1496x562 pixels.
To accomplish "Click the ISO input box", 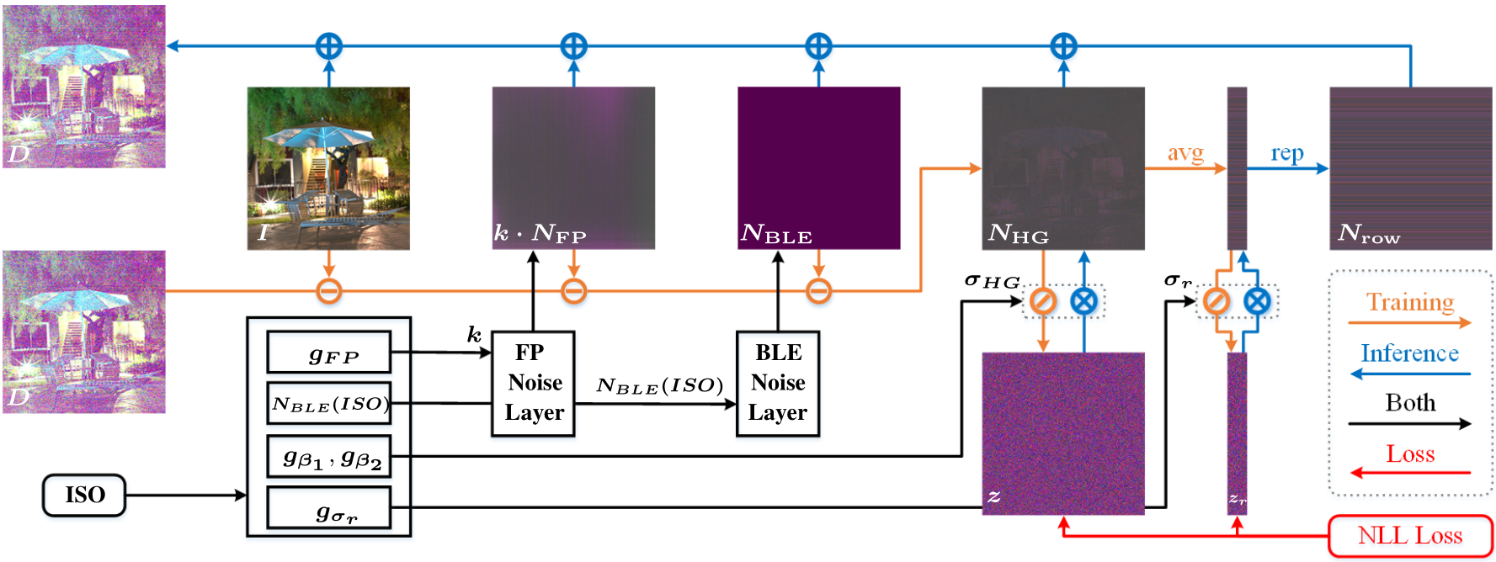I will tap(84, 495).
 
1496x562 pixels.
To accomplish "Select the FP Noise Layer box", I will tap(533, 384).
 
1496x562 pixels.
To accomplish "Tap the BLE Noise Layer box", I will tap(777, 384).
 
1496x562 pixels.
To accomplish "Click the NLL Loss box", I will tap(1409, 536).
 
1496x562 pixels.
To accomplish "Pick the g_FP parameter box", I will tap(329, 353).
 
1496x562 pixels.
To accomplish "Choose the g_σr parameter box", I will tap(329, 508).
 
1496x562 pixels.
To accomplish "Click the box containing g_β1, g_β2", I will tap(329, 456).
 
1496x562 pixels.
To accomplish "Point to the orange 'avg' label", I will tap(1185, 153).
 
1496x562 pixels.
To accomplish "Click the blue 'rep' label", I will tap(1286, 153).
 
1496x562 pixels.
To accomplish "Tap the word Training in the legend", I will tap(1409, 302).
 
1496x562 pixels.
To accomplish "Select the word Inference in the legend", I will tap(1409, 353).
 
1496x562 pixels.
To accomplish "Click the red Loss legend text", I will tap(1409, 454).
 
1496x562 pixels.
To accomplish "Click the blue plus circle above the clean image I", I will tap(328, 45).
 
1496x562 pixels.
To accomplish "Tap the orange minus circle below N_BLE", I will tap(818, 291).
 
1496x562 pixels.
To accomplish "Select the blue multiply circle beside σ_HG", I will tap(1083, 300).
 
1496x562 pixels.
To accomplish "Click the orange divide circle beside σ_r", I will tap(1216, 300).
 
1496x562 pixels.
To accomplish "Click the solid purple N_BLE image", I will tap(818, 160).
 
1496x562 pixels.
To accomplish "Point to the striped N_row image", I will tap(1410, 168).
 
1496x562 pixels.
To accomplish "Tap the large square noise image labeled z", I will tap(1062, 433).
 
